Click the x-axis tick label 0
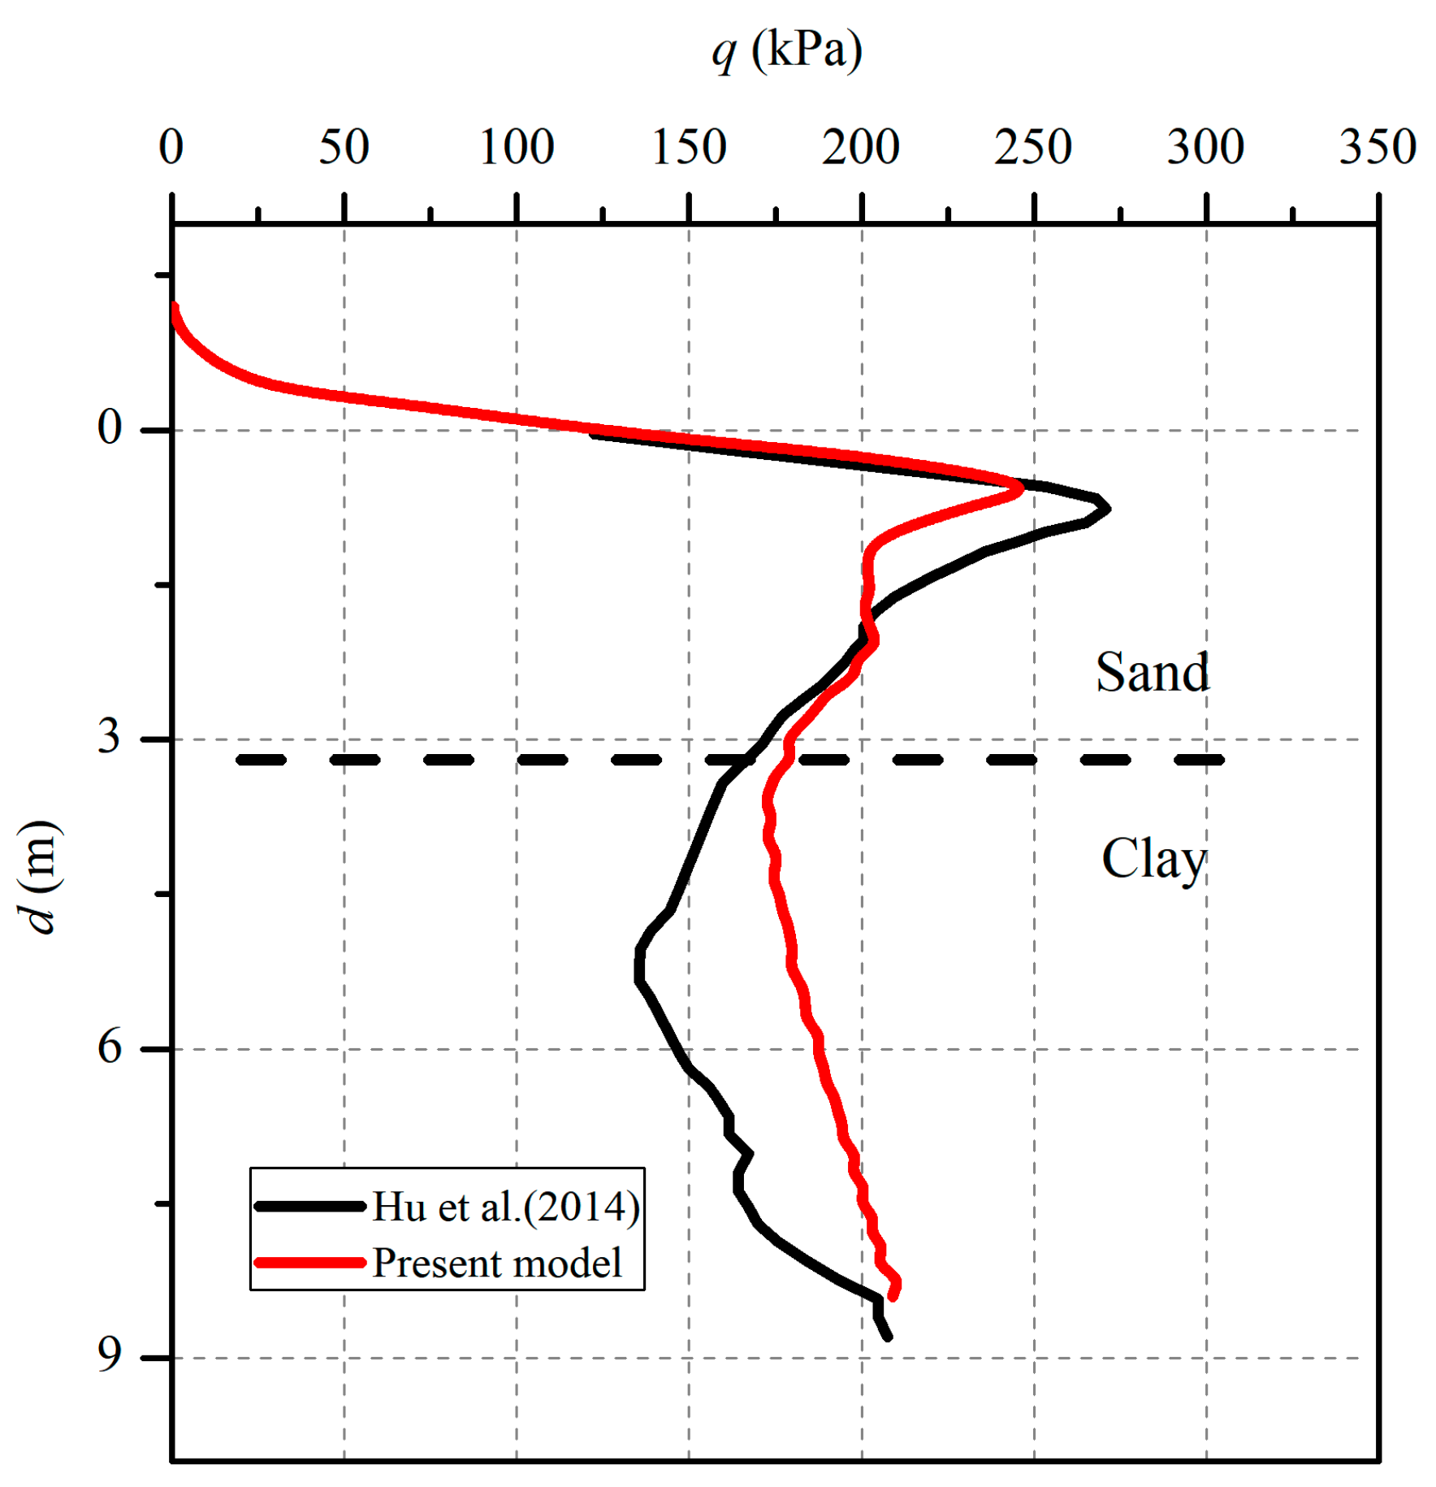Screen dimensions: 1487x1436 point(171,148)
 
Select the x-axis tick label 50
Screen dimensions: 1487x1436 point(344,148)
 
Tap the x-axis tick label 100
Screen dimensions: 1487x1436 point(517,148)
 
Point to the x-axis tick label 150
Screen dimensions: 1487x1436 point(689,148)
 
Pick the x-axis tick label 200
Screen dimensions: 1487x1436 point(861,148)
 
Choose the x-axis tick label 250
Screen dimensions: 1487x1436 point(1033,148)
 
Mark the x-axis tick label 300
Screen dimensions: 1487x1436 point(1205,148)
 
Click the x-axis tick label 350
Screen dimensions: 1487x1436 point(1378,148)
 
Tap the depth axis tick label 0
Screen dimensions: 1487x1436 point(110,427)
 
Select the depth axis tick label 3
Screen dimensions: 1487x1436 point(110,737)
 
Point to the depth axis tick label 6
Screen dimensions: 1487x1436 point(110,1047)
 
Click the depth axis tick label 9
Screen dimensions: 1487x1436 point(110,1355)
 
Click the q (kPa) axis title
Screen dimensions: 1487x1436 point(786,50)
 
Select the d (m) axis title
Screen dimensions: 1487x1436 point(39,877)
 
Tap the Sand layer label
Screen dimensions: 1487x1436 point(1152,673)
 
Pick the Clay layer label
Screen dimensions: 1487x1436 point(1153,860)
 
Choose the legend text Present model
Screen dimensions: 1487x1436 point(497,1264)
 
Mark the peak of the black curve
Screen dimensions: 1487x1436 point(1107,509)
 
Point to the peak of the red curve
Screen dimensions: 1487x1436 point(1020,489)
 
